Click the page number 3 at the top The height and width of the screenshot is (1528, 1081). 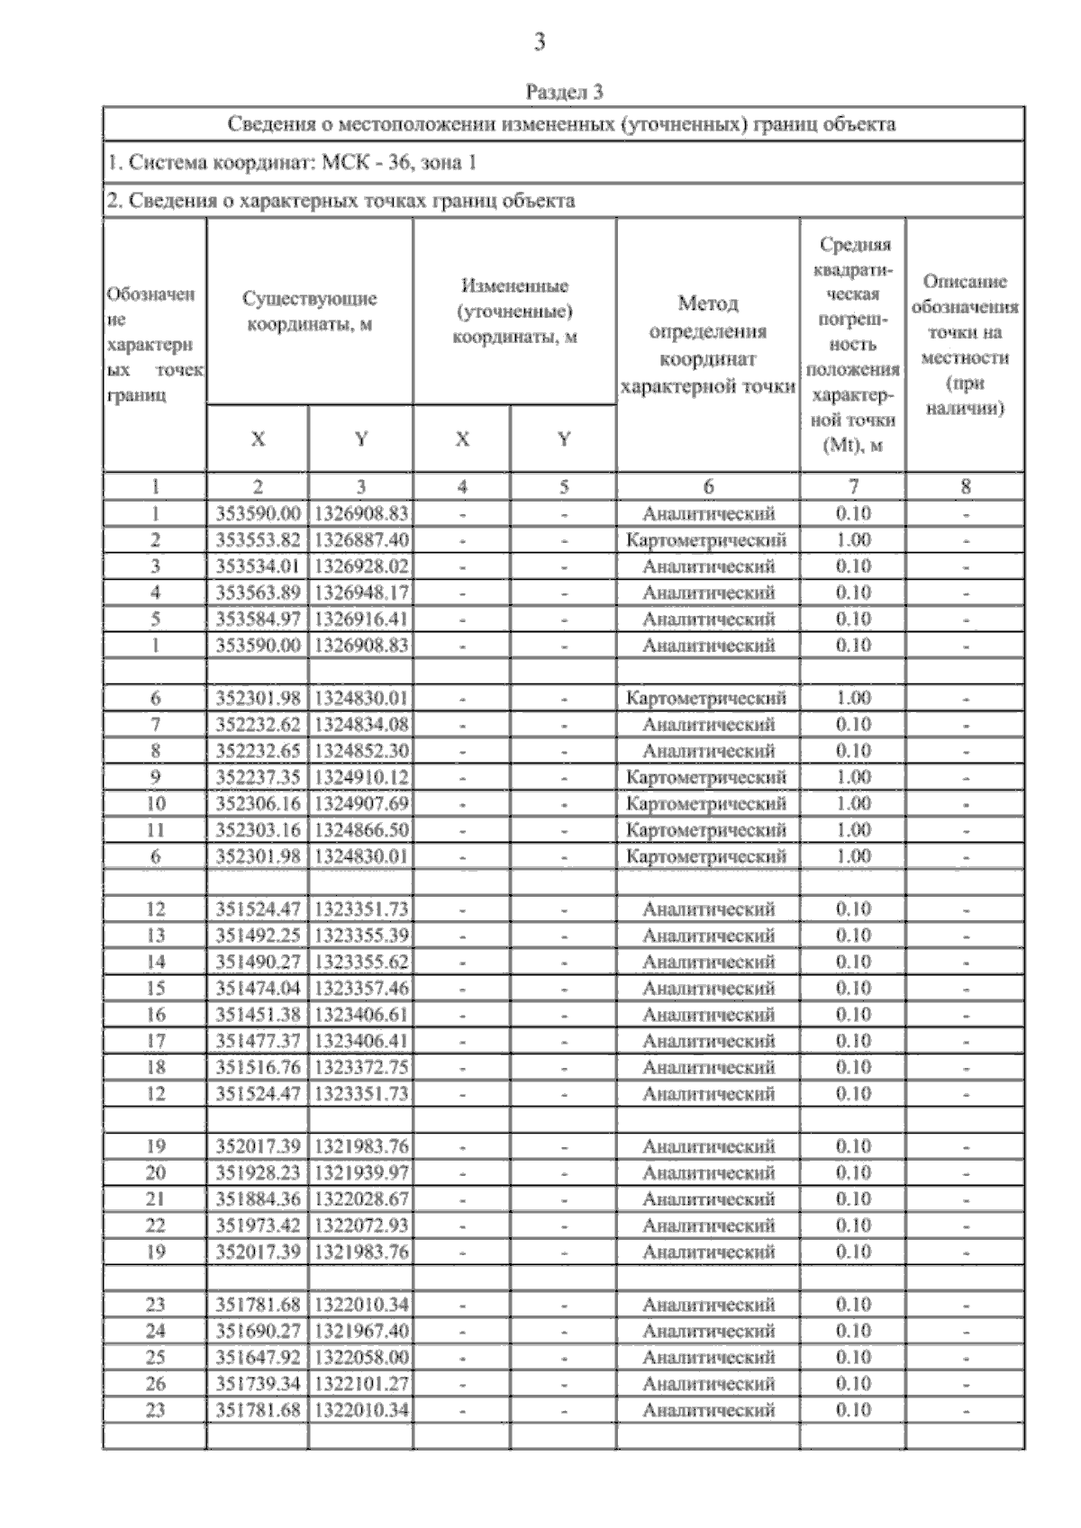[x=540, y=41]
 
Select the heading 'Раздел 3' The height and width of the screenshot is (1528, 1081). [x=564, y=92]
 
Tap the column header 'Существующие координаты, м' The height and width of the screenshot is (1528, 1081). [x=309, y=312]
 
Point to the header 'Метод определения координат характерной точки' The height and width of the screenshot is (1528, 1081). [x=708, y=345]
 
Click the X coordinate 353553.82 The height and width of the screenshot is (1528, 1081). [x=258, y=540]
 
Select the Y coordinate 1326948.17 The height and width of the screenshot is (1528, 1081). [x=360, y=592]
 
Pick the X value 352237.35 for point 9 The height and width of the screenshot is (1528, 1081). [x=258, y=777]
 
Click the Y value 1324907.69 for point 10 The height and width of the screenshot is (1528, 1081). [x=360, y=803]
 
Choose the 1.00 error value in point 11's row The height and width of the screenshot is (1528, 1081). [x=853, y=829]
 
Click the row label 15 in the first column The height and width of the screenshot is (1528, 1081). [x=155, y=989]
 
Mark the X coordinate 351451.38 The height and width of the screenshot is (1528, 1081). [x=258, y=1015]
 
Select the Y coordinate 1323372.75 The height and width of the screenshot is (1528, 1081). [x=360, y=1068]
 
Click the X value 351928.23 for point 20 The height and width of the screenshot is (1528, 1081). [x=258, y=1173]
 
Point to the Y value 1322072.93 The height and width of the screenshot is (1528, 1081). [x=360, y=1225]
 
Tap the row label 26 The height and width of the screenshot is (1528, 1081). [x=155, y=1384]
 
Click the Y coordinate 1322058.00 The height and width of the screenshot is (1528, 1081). [x=360, y=1358]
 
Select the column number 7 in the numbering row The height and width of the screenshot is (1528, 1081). [x=853, y=487]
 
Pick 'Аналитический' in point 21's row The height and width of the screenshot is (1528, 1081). [x=708, y=1199]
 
